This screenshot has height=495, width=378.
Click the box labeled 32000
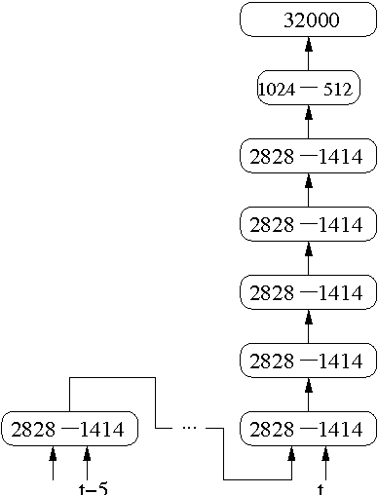pyautogui.click(x=308, y=20)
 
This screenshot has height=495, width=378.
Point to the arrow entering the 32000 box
pyautogui.click(x=308, y=53)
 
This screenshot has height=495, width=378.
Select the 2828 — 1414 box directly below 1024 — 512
pyautogui.click(x=308, y=156)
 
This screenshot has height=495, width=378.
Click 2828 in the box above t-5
pyautogui.click(x=34, y=430)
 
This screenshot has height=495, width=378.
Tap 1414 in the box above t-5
pyautogui.click(x=103, y=430)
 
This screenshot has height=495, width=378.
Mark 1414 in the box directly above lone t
pyautogui.click(x=341, y=430)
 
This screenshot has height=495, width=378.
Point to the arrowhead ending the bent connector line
pyautogui.click(x=291, y=452)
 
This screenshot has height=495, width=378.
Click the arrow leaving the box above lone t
pyautogui.click(x=308, y=398)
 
